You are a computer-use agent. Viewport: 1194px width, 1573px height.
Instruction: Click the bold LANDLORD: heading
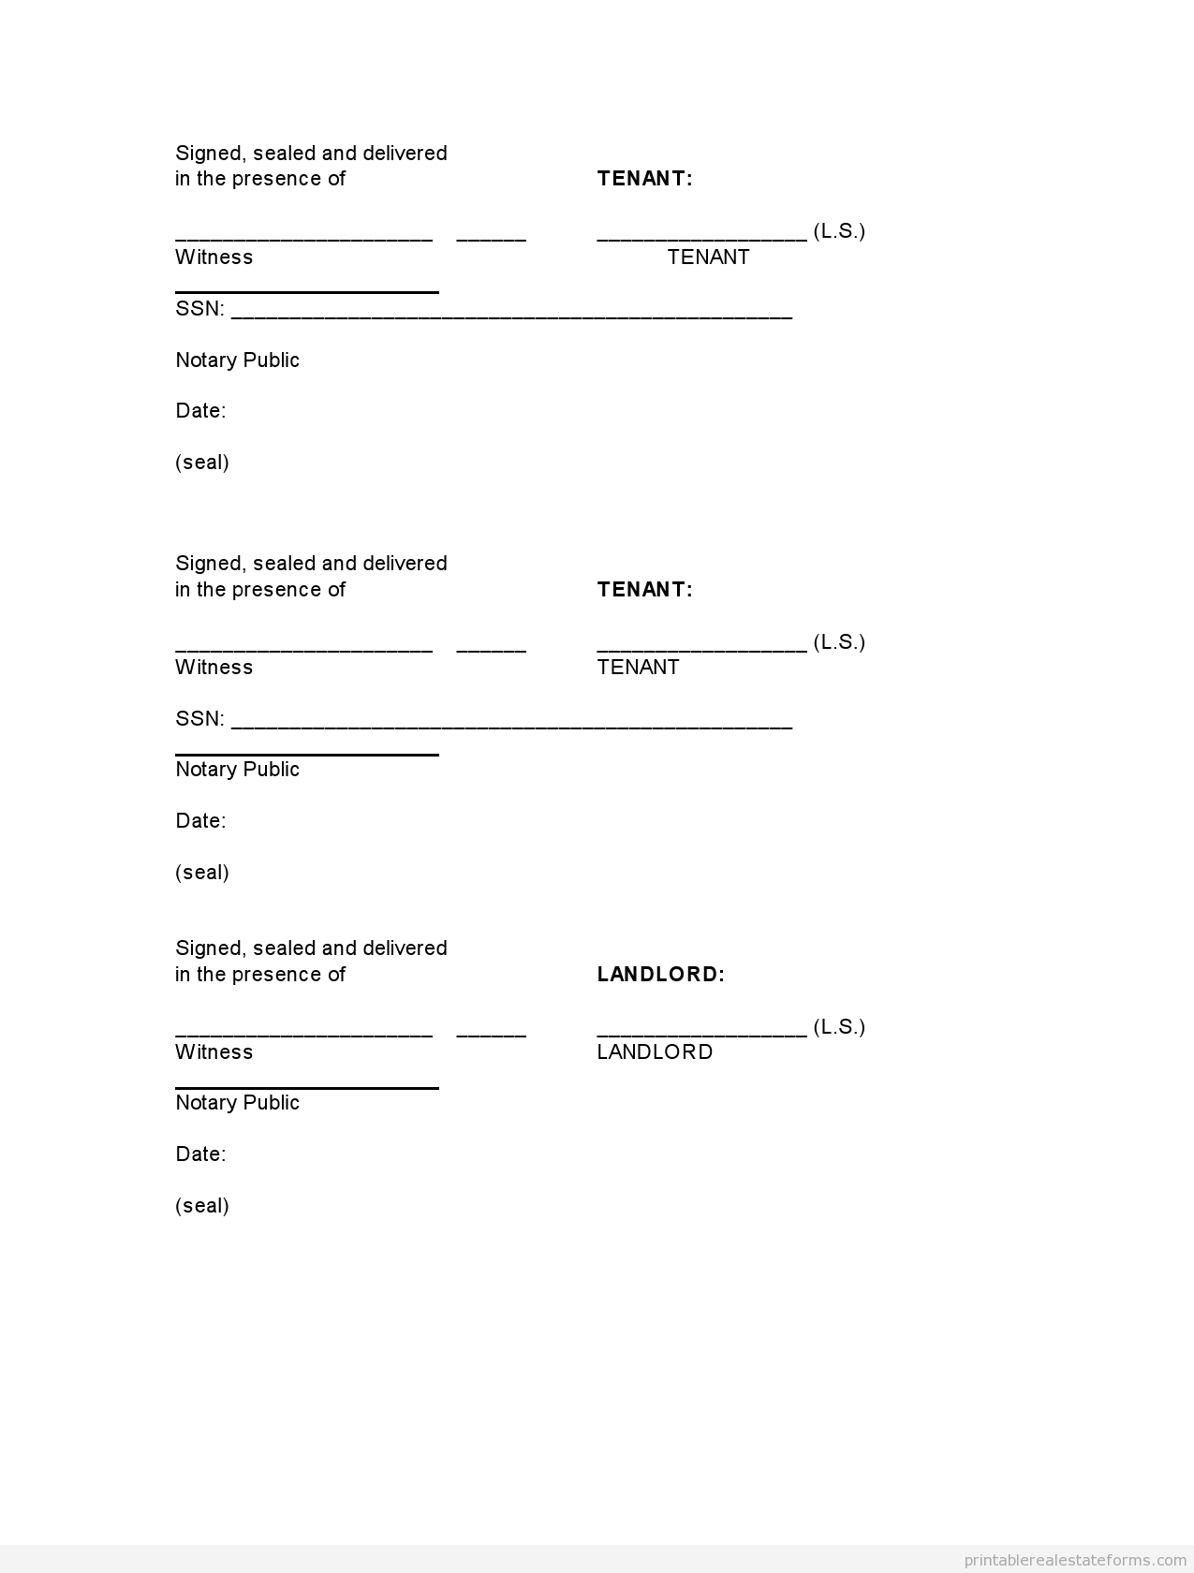coord(660,974)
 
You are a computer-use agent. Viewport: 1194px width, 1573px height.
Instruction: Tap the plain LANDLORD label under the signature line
coord(655,1051)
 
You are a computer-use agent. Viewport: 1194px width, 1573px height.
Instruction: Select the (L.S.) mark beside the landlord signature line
coord(839,1026)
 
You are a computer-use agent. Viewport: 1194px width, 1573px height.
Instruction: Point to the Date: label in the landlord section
coord(200,1154)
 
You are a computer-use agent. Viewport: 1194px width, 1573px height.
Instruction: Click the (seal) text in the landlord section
coord(202,1205)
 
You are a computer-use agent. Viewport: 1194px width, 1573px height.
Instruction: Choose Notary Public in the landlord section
coord(237,1102)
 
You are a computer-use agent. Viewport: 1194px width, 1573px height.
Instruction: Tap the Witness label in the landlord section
coord(214,1051)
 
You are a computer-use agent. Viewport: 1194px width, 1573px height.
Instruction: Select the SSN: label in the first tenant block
coord(199,309)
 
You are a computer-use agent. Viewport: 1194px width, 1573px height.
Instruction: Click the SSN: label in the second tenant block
coord(199,718)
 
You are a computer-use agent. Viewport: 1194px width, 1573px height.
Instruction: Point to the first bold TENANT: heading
coord(644,178)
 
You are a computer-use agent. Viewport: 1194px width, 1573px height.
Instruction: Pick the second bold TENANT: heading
coord(644,589)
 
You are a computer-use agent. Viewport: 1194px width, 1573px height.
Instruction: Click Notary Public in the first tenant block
coord(237,360)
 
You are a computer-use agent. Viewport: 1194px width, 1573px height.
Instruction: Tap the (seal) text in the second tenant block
coord(202,872)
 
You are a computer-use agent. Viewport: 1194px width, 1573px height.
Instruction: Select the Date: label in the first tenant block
coord(200,410)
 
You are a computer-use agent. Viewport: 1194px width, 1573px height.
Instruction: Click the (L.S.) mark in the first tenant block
coord(839,230)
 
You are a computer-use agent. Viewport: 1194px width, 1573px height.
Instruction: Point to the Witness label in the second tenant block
coord(214,667)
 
